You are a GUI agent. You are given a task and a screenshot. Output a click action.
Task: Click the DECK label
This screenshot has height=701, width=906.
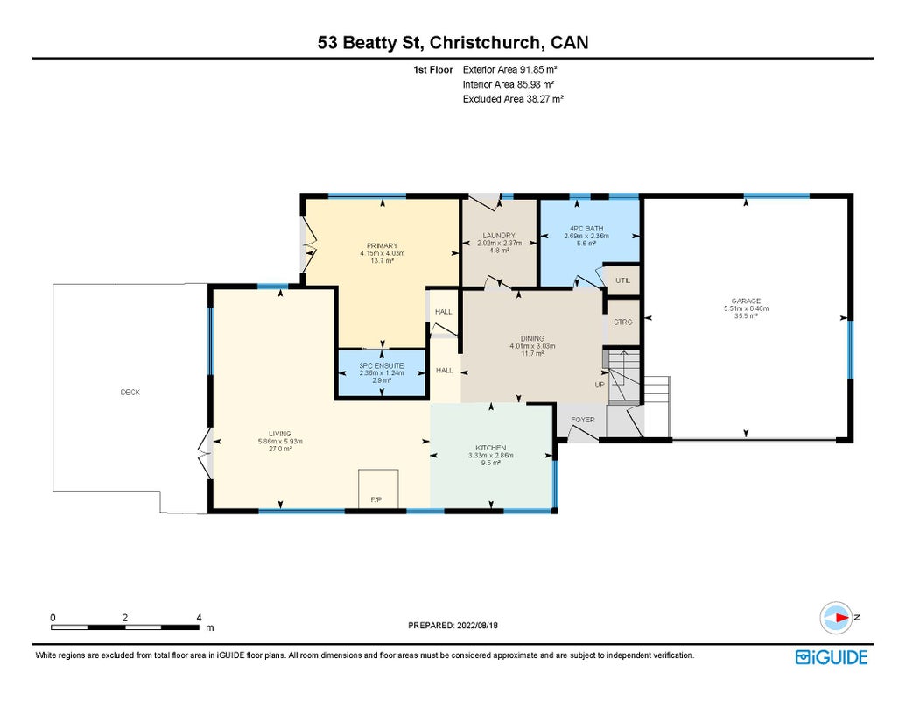(130, 393)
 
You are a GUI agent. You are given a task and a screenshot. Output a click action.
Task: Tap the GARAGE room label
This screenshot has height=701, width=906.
(746, 301)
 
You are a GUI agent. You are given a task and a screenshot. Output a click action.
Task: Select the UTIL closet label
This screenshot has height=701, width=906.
(622, 280)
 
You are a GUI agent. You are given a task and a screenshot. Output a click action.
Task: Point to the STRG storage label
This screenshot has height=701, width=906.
(623, 322)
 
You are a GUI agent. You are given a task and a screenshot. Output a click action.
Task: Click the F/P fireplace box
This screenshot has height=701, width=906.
(378, 489)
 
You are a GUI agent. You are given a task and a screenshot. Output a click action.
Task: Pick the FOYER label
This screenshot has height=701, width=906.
(582, 420)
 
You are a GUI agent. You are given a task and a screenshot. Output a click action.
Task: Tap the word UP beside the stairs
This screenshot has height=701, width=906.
(600, 385)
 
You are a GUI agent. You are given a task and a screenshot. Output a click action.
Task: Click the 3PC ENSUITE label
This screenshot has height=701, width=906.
(382, 366)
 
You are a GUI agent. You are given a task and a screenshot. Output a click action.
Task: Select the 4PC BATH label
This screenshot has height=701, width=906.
(586, 229)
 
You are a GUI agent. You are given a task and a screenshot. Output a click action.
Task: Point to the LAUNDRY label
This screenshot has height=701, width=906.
(499, 236)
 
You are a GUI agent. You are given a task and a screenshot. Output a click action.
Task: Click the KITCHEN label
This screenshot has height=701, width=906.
(490, 448)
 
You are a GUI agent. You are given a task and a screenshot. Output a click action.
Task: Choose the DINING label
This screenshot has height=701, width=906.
(532, 338)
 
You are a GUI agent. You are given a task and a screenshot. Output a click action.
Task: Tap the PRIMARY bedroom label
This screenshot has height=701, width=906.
(382, 246)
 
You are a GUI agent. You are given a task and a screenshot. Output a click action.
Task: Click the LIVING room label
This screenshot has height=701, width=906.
(279, 434)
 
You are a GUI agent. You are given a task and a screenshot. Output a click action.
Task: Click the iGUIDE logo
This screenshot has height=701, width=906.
(832, 657)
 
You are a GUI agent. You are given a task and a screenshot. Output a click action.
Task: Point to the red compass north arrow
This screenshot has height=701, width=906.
(841, 618)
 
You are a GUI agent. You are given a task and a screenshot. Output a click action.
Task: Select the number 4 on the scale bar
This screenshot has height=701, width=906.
(199, 618)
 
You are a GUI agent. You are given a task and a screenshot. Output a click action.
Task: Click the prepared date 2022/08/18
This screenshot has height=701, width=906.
(477, 626)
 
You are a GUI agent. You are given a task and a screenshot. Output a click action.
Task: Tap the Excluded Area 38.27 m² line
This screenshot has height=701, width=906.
(513, 99)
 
